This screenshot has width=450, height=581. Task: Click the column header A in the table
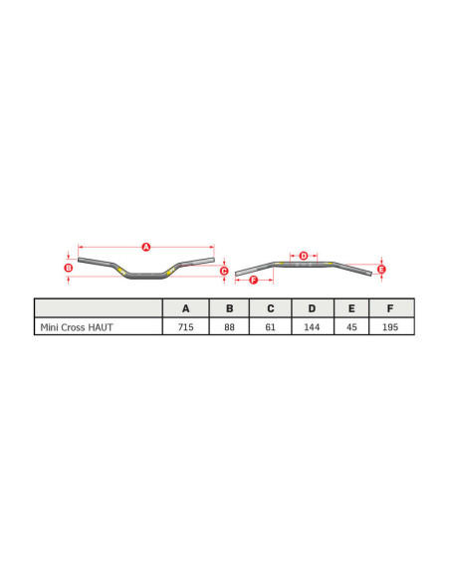click(186, 308)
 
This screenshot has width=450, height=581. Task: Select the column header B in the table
click(229, 308)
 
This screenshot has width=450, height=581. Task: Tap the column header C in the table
click(270, 308)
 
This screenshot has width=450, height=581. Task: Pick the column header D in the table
click(312, 308)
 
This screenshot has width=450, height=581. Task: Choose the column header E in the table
click(351, 308)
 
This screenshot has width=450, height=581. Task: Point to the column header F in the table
click(391, 308)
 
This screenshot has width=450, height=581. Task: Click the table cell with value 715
click(186, 326)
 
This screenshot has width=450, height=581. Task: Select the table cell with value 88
click(229, 326)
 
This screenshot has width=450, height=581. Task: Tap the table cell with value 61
click(270, 326)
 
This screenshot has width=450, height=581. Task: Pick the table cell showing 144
click(312, 326)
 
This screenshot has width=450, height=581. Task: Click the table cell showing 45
click(351, 326)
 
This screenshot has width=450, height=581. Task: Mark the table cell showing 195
click(391, 326)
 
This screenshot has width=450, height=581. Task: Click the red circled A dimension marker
click(145, 246)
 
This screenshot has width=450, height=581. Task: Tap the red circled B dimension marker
click(68, 268)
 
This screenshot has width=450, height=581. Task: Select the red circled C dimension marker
click(224, 271)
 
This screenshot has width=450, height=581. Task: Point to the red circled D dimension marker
click(304, 256)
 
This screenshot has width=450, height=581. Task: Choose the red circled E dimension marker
click(381, 269)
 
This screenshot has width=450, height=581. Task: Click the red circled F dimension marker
click(253, 281)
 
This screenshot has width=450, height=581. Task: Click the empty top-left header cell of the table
click(98, 308)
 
